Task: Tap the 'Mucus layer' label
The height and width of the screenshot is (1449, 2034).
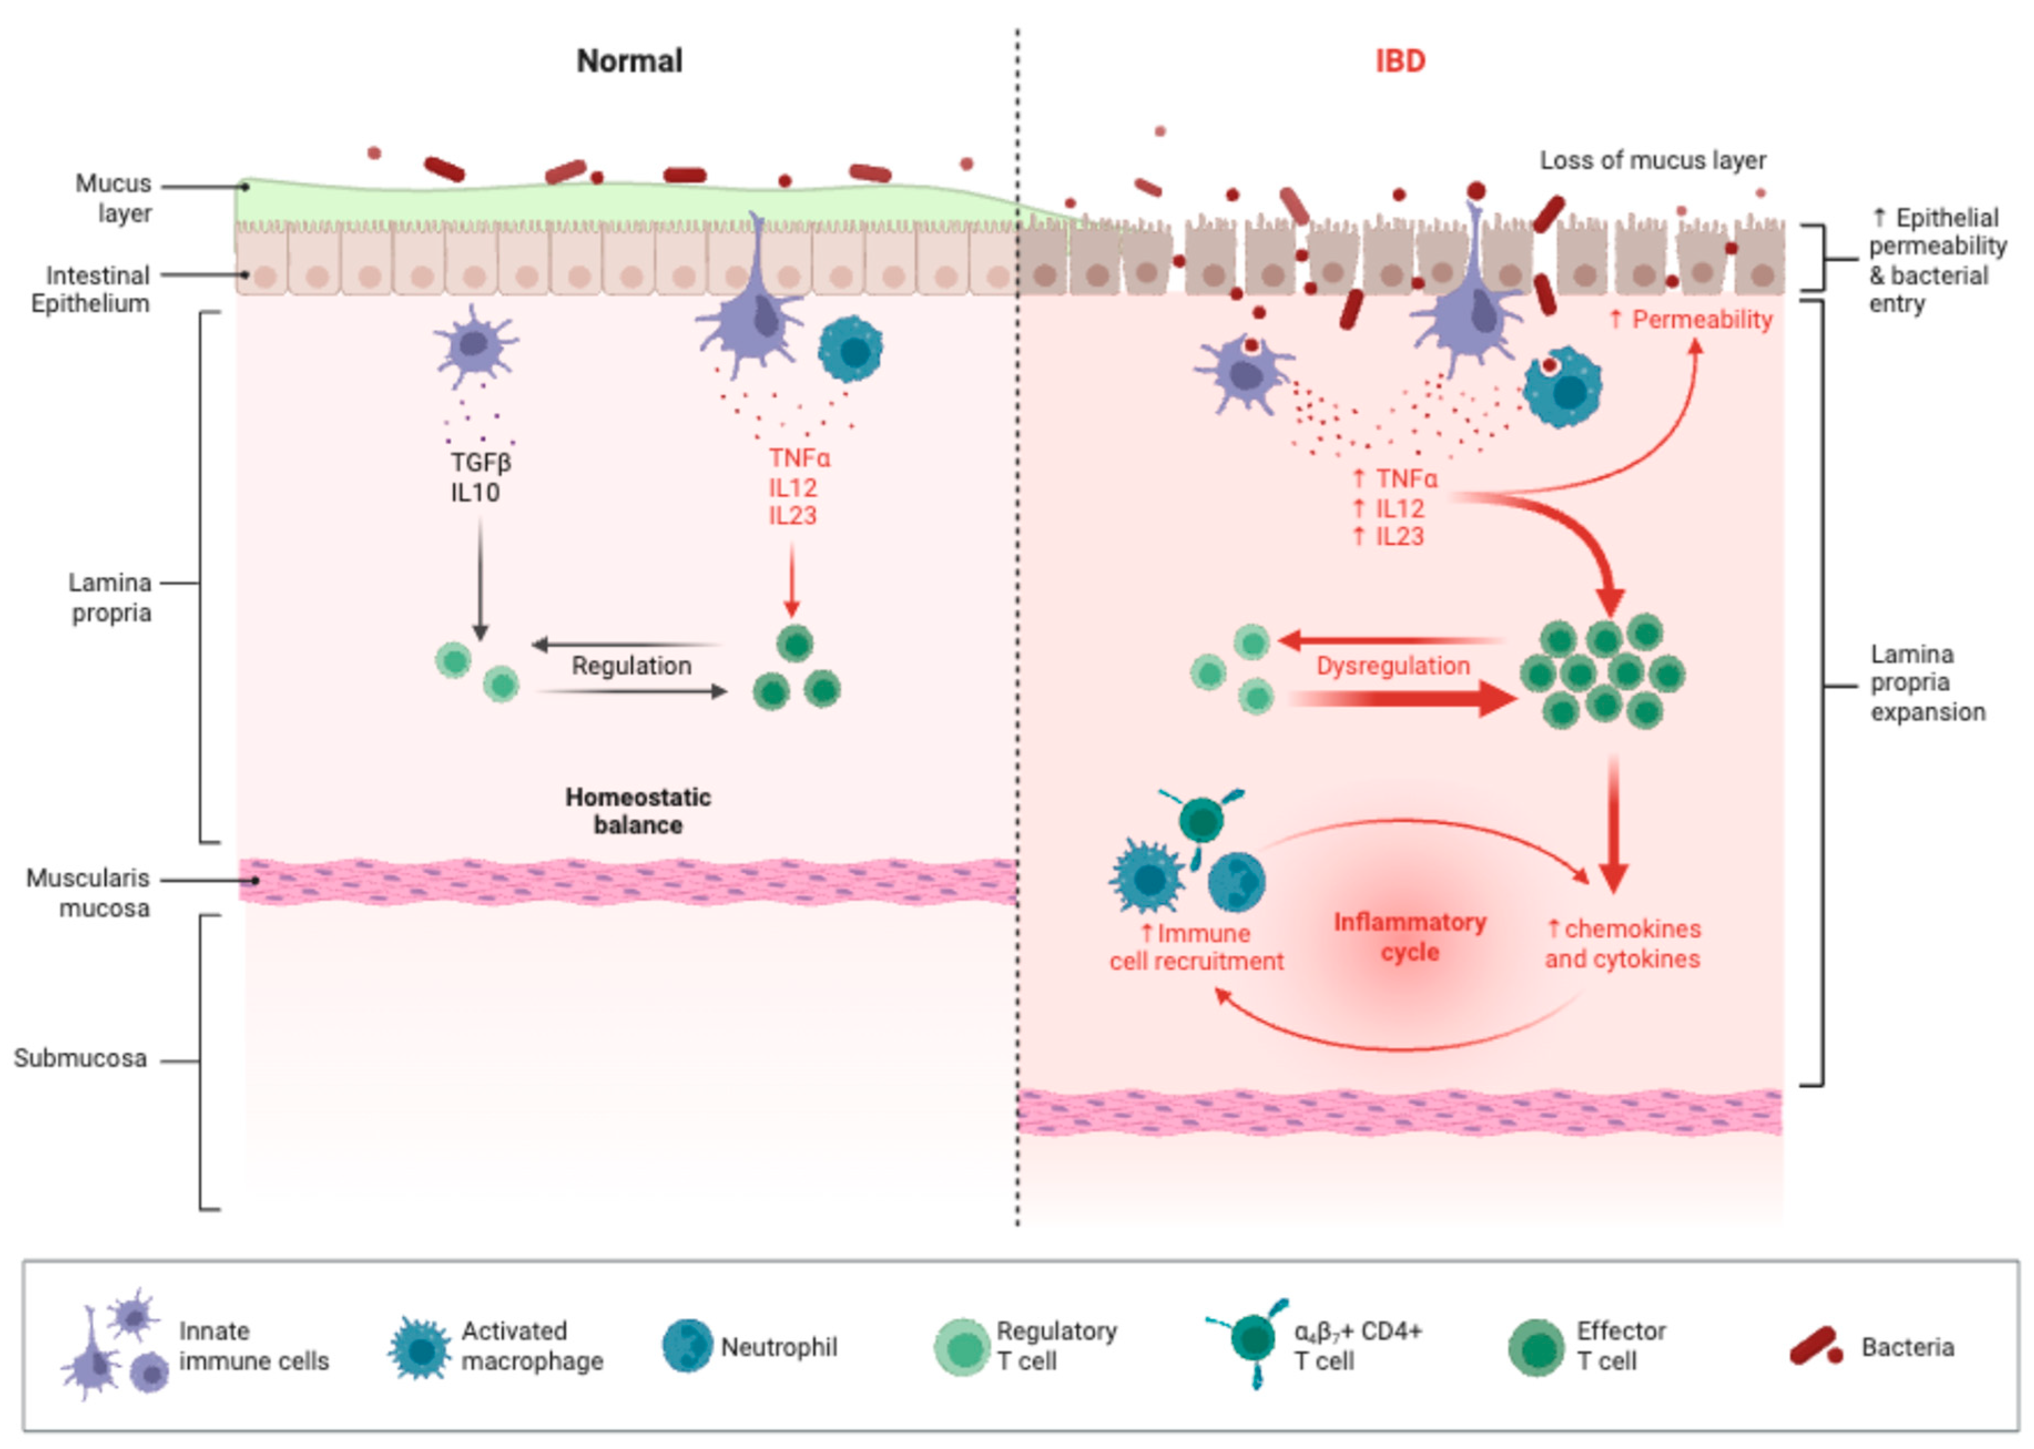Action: pos(113,198)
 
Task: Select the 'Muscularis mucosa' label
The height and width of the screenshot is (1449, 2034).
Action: pos(88,892)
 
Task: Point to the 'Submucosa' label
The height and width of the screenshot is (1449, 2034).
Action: pos(80,1058)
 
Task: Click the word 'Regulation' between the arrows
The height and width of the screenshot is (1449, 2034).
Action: pos(631,666)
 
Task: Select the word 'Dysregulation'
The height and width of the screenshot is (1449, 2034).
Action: pos(1393,666)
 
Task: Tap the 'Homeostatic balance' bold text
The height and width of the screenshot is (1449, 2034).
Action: pos(638,810)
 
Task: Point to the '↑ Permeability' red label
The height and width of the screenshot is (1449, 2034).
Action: pos(1690,319)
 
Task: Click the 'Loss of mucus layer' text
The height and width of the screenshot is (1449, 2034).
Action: pos(1652,161)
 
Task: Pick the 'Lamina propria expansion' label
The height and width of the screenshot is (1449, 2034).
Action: pos(1927,682)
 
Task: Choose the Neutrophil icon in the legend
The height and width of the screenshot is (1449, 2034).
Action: pos(687,1345)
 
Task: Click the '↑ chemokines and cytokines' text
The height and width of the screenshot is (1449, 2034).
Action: pos(1622,943)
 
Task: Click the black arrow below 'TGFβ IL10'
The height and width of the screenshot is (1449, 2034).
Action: pos(480,580)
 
